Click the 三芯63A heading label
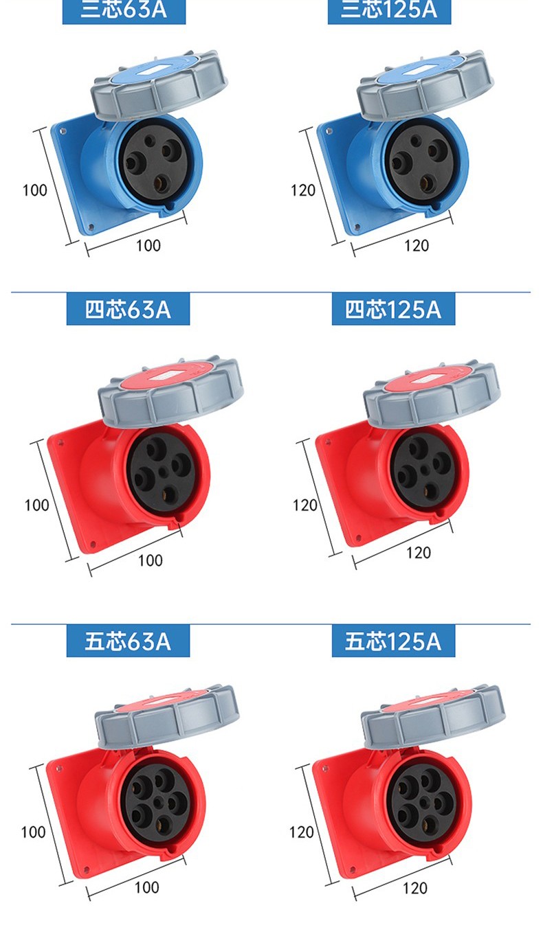(124, 10)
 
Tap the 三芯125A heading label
(389, 10)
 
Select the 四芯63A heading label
(128, 309)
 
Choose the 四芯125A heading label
(393, 309)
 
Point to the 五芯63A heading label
(128, 641)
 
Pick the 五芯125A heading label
(393, 641)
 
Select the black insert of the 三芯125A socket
(424, 162)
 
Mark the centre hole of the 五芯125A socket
(424, 803)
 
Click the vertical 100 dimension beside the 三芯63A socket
(35, 190)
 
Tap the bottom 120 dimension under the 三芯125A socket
(417, 246)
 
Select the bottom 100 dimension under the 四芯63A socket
(150, 560)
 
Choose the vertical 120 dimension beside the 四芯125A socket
(305, 505)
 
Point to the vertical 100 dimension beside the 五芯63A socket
(33, 832)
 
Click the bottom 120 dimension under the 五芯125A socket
(415, 887)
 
